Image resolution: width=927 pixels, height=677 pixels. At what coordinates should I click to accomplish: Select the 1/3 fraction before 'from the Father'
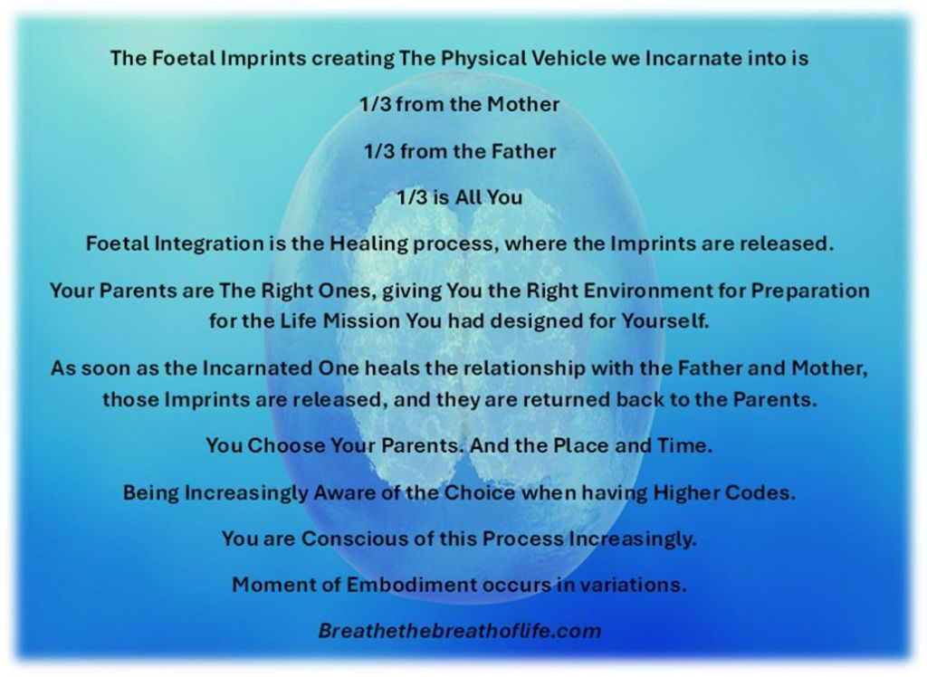pyautogui.click(x=379, y=151)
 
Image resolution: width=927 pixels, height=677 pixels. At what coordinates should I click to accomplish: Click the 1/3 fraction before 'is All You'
pyautogui.click(x=412, y=197)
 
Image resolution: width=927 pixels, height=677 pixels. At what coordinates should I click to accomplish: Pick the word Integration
pyautogui.click(x=209, y=243)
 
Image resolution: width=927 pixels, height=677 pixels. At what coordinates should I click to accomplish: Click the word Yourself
pyautogui.click(x=665, y=321)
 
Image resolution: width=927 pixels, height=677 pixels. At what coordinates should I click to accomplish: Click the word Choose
pyautogui.click(x=285, y=445)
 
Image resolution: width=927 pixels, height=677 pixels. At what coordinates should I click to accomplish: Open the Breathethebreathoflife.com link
pyautogui.click(x=460, y=631)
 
